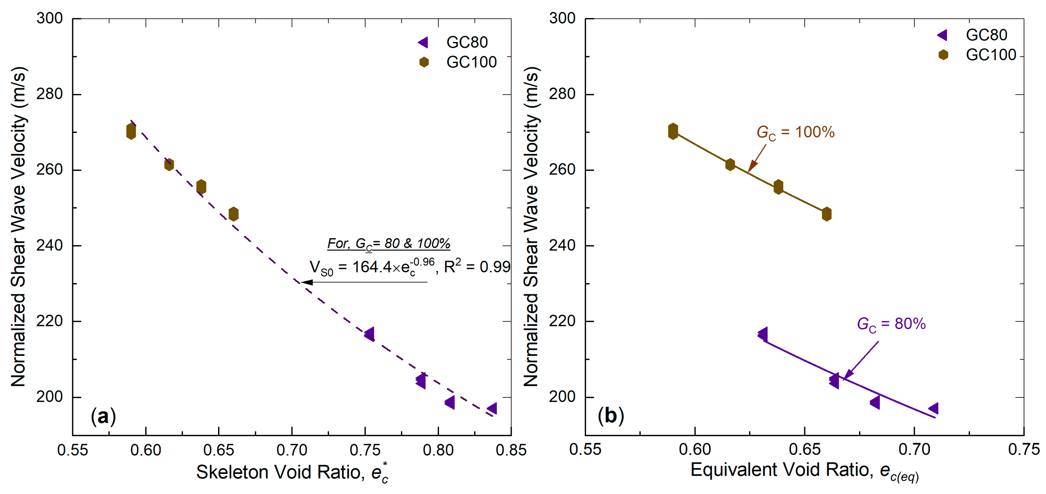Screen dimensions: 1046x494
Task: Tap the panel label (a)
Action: (104, 417)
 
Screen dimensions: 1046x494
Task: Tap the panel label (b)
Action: (611, 416)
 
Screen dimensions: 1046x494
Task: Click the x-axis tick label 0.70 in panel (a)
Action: (291, 450)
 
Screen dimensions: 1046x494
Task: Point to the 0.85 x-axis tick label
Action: (511, 450)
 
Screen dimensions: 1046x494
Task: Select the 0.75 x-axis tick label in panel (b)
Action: (1024, 449)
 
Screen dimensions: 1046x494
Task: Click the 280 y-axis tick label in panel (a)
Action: (50, 94)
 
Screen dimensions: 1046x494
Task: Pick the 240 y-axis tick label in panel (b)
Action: (562, 245)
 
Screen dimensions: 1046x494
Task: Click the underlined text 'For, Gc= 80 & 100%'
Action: (389, 244)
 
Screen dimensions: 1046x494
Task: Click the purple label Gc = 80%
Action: (891, 325)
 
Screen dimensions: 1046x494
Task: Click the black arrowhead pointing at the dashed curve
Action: (307, 282)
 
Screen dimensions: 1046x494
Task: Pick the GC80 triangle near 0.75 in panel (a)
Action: (370, 334)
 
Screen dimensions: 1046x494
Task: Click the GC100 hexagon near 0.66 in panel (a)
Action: (234, 214)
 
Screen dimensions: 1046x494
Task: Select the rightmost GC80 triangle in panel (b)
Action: (933, 408)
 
